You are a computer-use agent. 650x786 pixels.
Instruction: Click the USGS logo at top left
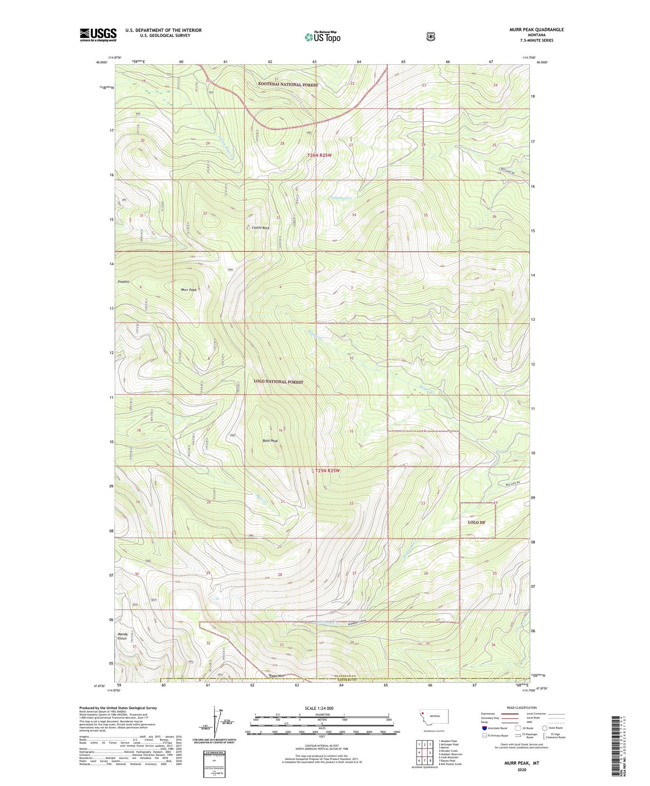98,35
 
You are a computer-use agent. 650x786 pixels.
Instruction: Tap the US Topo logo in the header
322,36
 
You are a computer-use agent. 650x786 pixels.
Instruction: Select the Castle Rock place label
260,228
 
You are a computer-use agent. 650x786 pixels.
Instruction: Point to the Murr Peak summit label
188,290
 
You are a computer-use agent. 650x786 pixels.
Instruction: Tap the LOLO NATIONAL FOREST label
278,382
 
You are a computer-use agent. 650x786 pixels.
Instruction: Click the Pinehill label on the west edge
124,282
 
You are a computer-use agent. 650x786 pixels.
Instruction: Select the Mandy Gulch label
122,636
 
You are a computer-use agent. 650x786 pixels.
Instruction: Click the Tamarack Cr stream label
341,198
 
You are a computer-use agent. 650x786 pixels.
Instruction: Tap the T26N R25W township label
319,155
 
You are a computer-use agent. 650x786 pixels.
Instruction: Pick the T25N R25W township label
327,470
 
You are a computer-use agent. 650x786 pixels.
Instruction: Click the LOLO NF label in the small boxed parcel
476,522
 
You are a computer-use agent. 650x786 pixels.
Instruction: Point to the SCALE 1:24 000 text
319,708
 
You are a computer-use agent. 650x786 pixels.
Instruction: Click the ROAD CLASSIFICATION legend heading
521,708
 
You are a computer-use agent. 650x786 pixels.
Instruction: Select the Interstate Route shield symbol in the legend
484,728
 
